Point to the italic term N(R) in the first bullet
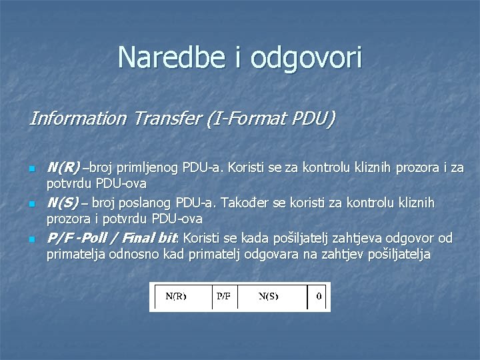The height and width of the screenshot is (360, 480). pos(63,167)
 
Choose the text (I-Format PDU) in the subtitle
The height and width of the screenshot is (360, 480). pos(272,119)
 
